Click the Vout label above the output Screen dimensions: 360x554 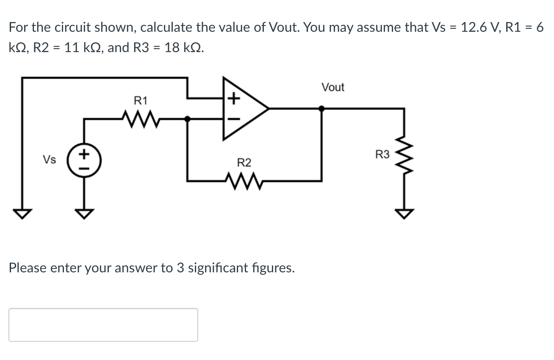click(333, 87)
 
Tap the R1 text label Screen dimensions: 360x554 click(140, 101)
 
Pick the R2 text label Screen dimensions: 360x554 click(244, 163)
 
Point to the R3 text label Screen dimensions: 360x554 click(382, 155)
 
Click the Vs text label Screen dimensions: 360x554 click(49, 160)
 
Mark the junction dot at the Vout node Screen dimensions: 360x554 click(321, 108)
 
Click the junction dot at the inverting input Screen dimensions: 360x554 click(188, 119)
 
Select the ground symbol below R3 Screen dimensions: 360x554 click(403, 214)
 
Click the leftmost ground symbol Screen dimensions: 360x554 click(22, 214)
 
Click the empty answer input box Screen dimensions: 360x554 click(103, 324)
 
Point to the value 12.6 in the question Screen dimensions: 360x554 click(474, 28)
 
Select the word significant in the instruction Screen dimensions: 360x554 click(218, 268)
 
